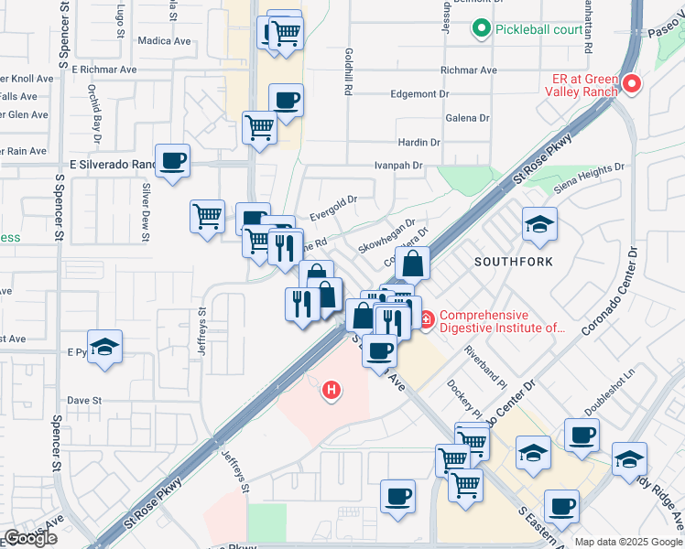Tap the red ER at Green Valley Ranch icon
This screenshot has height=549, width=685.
[x=631, y=85]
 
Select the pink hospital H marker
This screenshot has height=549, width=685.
[x=332, y=391]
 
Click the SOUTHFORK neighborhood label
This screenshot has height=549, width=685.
[x=513, y=262]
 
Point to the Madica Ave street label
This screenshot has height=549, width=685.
[x=164, y=40]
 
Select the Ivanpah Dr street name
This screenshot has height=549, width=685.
[x=398, y=166]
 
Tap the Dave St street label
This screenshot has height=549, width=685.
[x=83, y=400]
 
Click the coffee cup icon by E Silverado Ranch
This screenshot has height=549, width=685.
[x=172, y=161]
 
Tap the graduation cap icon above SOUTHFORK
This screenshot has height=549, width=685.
[x=539, y=223]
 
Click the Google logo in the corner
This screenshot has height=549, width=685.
[x=30, y=539]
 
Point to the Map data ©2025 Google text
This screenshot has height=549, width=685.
[x=628, y=542]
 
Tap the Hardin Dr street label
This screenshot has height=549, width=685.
[x=419, y=143]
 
